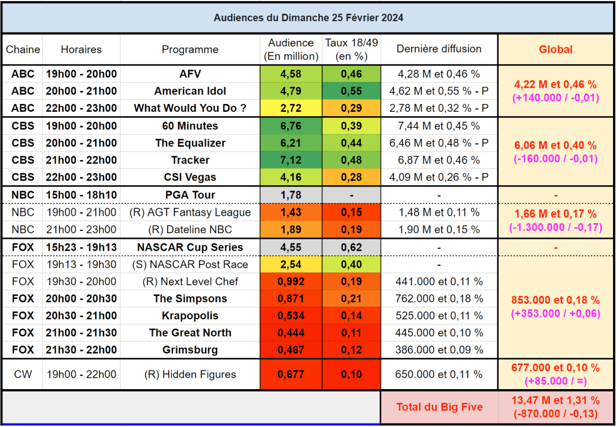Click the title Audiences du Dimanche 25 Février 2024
(x=308, y=17)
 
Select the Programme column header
(x=190, y=49)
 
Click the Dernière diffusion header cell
(x=439, y=49)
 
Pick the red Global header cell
(x=555, y=49)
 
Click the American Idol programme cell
(x=190, y=91)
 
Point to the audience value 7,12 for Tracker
(x=291, y=160)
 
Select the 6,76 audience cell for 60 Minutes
(x=291, y=126)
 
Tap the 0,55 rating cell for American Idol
(x=351, y=91)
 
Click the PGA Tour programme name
(x=190, y=195)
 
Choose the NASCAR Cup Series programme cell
(x=190, y=247)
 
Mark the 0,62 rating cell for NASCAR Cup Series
(x=351, y=247)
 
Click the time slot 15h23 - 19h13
(x=81, y=247)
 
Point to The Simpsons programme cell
(x=190, y=299)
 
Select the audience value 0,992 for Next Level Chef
(x=291, y=281)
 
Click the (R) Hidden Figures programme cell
(x=190, y=375)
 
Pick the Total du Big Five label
(x=439, y=407)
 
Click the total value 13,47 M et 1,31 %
(x=555, y=400)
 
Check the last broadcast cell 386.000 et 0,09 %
(x=439, y=350)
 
